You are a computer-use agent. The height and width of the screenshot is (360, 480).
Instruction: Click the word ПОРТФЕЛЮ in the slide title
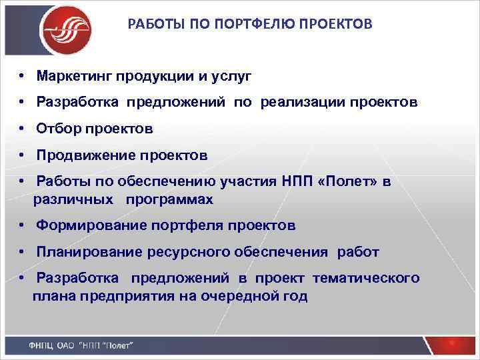pyautogui.click(x=217, y=25)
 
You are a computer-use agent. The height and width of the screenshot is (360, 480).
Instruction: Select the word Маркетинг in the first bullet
pyautogui.click(x=75, y=77)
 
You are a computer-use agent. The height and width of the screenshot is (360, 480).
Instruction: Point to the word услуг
pyautogui.click(x=231, y=77)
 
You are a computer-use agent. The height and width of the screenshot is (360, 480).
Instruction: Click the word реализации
pyautogui.click(x=303, y=103)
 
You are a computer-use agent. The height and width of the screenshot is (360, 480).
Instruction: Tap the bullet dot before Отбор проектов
pyautogui.click(x=22, y=129)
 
